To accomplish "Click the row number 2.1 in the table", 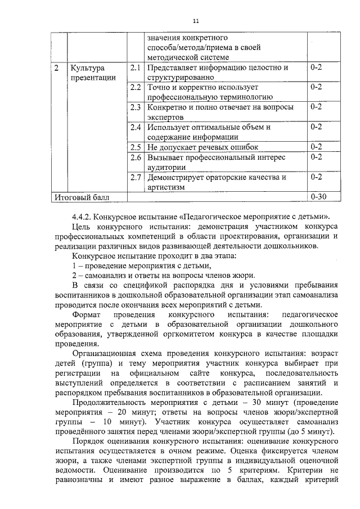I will point(134,68).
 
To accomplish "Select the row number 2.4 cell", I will point(134,127).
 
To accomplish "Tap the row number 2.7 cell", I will point(134,178).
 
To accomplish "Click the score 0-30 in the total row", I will point(318,197).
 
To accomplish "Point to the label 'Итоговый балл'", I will point(82,197).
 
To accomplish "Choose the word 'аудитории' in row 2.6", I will point(166,167).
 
